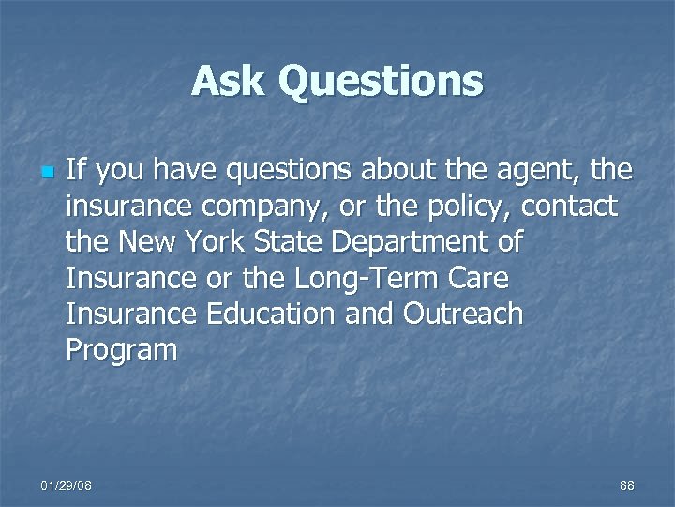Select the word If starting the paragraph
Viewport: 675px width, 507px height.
point(78,170)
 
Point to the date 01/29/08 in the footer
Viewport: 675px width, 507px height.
point(67,484)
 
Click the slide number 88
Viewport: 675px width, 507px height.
point(627,484)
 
